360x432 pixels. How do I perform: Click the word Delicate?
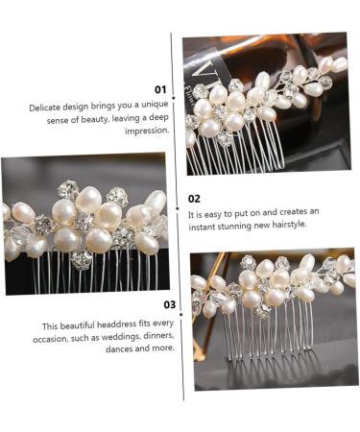(x=45, y=108)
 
